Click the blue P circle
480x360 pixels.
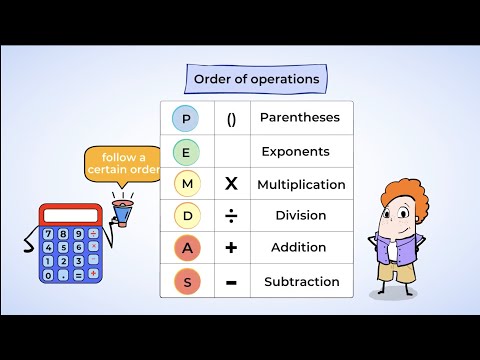pos(186,119)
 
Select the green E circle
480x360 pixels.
pos(186,152)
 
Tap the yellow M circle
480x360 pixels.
pos(186,184)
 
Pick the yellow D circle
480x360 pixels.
pos(186,216)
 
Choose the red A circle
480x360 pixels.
pos(186,248)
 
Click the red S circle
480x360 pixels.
pos(186,281)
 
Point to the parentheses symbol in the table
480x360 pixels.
pos(231,119)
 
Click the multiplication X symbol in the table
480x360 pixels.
pos(231,184)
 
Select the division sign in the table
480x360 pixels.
pos(231,216)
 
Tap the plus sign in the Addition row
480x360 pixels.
pos(231,248)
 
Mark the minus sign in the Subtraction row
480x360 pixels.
pos(231,281)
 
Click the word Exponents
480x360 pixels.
pos(295,152)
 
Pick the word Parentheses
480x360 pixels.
pos(300,118)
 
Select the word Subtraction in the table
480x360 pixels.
pos(301,281)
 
